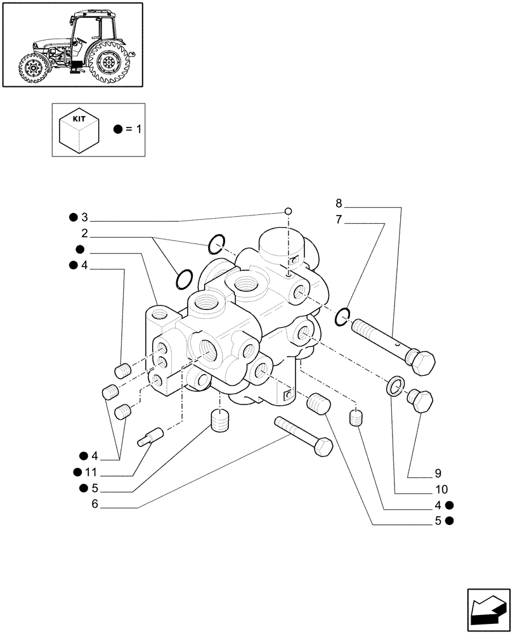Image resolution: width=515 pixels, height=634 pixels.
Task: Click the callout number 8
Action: [339, 204]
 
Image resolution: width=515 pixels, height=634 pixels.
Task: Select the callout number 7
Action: [339, 220]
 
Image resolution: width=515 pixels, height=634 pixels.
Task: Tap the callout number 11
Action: [91, 472]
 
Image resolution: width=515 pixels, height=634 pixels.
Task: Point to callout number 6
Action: [95, 504]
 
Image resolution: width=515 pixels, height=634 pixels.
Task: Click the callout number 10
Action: [442, 489]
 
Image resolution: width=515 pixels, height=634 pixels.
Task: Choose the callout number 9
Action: [438, 473]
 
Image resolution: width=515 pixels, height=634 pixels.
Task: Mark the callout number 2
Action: [84, 233]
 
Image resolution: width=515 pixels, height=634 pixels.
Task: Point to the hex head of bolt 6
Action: [323, 446]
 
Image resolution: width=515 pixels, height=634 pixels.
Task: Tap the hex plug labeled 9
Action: [420, 401]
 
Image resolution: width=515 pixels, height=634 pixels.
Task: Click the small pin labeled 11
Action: [151, 437]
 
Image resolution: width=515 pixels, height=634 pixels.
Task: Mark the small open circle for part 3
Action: [288, 211]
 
